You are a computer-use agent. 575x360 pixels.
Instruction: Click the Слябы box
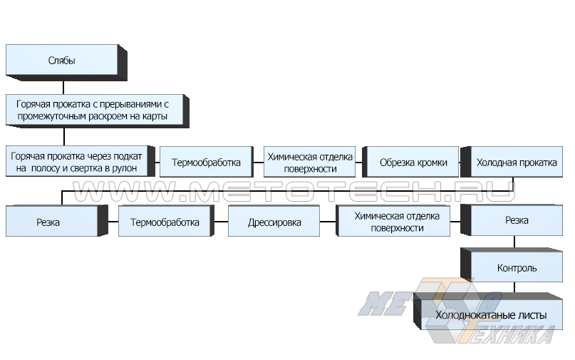61,61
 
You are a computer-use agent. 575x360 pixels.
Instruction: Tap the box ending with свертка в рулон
78,162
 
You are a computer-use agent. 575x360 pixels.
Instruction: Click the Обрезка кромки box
413,162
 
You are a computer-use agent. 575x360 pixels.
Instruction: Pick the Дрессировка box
274,222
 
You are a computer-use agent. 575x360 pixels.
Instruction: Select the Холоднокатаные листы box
491,314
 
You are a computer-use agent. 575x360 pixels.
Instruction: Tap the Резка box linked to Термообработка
48,222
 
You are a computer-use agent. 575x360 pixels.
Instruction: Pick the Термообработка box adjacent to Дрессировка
164,222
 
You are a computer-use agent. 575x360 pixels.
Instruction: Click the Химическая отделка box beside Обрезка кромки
311,162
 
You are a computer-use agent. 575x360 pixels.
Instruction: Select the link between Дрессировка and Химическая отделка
328,222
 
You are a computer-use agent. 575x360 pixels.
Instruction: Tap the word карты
157,115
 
